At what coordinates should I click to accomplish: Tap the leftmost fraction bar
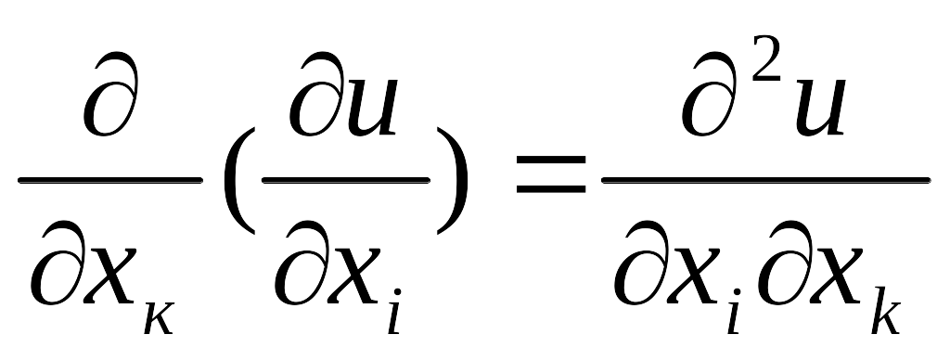(110, 180)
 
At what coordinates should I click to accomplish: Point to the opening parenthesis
(238, 180)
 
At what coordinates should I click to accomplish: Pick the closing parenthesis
(453, 180)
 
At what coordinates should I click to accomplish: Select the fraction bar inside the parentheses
(346, 180)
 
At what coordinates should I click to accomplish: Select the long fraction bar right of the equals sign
(765, 180)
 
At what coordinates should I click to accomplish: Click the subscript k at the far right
(886, 311)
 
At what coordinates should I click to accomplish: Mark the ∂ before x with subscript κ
(57, 263)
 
